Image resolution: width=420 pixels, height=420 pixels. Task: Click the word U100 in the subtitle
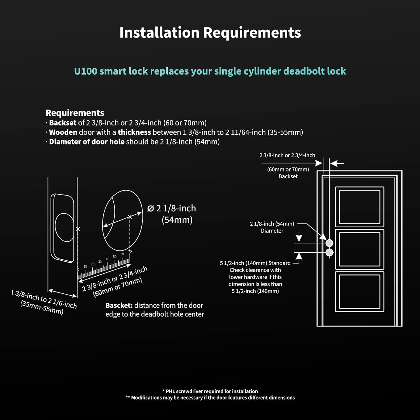[x=85, y=71]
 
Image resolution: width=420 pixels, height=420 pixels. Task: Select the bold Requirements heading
[x=75, y=113]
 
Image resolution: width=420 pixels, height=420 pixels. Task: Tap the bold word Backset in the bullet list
[x=63, y=123]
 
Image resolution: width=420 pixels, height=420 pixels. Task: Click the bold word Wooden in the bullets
[x=63, y=132]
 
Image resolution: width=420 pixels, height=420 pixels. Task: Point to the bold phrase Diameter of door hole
[x=87, y=142]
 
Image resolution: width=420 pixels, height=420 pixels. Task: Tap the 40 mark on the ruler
[x=108, y=259]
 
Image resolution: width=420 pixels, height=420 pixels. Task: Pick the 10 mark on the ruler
[x=85, y=267]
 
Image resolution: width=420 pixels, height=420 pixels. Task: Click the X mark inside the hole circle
[x=130, y=216]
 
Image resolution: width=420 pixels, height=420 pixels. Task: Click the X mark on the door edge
[x=78, y=229]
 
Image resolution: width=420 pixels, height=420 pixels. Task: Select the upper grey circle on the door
[x=329, y=243]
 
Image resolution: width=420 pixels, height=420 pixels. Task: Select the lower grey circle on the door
[x=329, y=253]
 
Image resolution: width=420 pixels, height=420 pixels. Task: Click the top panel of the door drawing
[x=360, y=207]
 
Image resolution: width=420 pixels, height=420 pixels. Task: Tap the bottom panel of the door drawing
[x=360, y=291]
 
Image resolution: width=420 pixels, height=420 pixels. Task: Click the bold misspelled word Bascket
[x=119, y=305]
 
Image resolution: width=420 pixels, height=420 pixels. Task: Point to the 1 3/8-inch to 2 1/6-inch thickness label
[x=43, y=300]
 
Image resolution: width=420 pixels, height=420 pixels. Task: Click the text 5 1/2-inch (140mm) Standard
[x=255, y=263]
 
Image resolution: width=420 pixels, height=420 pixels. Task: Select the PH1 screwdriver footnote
[x=210, y=391]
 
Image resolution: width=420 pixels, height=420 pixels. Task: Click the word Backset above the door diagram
[x=288, y=176]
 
